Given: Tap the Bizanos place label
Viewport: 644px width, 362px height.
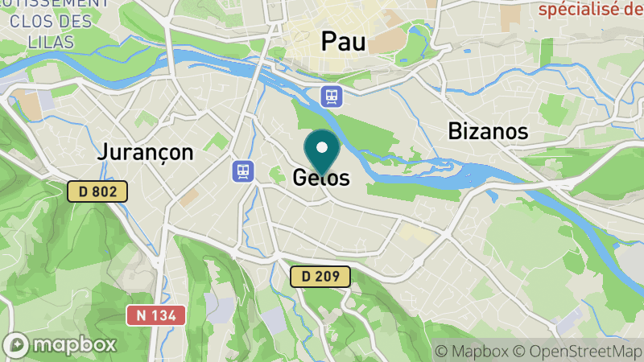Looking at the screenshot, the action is (488, 131).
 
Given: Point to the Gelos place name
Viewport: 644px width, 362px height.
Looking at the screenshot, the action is (321, 178).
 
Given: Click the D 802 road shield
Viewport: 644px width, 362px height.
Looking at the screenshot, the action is (97, 191).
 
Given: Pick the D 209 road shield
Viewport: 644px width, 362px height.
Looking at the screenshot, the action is (320, 277).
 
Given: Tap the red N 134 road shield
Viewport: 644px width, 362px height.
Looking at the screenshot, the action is (156, 315).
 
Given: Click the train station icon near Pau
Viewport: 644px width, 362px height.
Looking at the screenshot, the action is (331, 97).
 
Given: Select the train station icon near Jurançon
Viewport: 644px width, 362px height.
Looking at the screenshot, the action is (242, 171).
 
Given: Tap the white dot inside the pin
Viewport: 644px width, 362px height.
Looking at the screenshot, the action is (323, 147).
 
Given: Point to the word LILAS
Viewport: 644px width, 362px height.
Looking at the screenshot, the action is (49, 41).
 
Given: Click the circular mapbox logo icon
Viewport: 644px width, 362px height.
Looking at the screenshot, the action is (18, 344).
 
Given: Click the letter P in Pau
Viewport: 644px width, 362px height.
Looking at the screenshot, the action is (329, 42).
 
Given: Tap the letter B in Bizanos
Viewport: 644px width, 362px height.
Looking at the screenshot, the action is (456, 131).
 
